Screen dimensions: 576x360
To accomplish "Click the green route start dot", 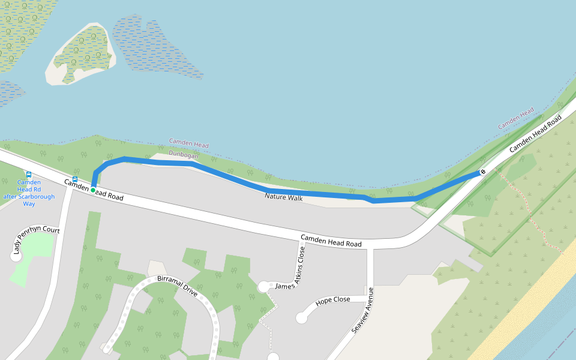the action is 93,190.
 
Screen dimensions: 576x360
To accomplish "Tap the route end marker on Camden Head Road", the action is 483,173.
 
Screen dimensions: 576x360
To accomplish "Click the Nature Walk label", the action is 284,197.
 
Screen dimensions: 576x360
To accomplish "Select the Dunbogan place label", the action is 183,155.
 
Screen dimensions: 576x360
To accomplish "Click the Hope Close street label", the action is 332,300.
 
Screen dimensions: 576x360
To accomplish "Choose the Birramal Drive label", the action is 177,286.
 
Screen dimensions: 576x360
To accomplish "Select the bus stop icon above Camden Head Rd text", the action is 29,174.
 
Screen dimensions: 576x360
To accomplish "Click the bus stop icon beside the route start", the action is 75,179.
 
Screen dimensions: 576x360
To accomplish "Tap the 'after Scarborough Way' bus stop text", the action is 29,197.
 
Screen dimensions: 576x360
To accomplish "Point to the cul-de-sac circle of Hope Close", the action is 301,318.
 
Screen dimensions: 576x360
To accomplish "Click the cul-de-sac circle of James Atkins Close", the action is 263,287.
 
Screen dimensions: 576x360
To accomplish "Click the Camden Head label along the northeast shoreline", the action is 515,118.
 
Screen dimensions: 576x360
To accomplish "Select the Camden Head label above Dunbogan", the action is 188,145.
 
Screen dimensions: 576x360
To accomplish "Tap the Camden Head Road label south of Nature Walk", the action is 331,241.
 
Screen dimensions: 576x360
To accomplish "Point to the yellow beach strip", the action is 522,312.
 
